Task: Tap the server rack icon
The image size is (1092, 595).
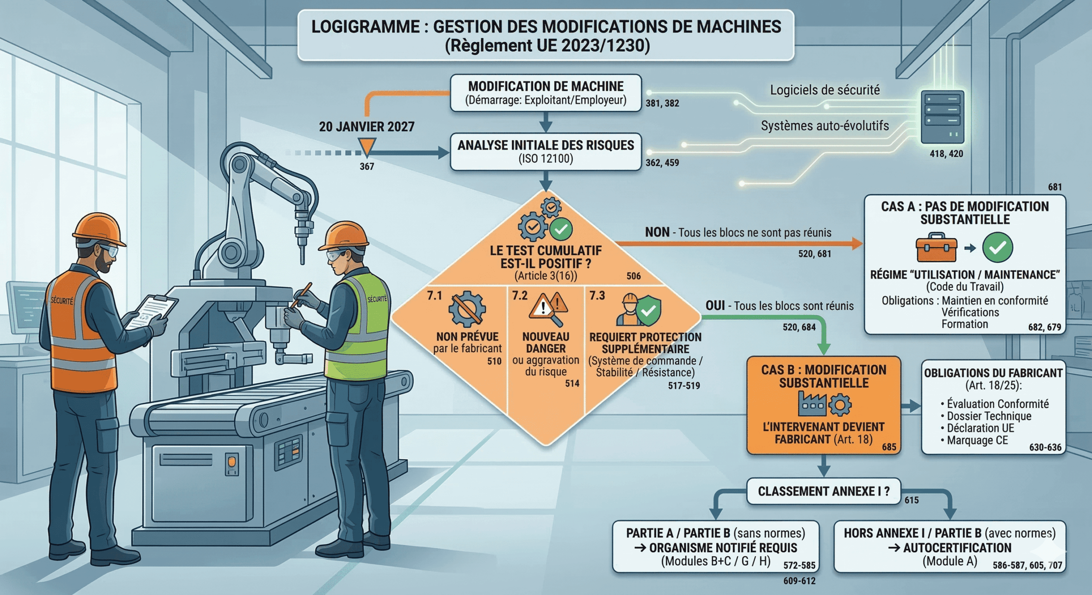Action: pos(942,116)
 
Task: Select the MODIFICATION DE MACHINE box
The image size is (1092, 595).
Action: pos(546,93)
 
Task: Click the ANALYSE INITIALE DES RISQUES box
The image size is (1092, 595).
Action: pos(546,152)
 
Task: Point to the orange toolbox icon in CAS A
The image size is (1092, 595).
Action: pos(936,247)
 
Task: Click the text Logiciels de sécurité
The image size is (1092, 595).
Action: pos(825,90)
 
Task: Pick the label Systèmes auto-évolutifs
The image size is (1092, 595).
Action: pos(825,126)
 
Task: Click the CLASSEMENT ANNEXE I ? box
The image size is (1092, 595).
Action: pos(823,491)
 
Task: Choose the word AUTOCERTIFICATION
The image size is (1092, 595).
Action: pos(957,548)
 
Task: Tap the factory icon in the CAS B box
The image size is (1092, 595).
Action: pos(812,404)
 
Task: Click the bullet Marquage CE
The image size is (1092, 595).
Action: pos(977,440)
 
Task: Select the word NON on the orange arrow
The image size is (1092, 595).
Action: pos(657,232)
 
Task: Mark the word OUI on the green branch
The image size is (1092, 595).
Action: pos(715,306)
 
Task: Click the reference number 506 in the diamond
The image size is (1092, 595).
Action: pos(633,276)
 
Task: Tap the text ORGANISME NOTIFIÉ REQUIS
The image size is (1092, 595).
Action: pos(723,548)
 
